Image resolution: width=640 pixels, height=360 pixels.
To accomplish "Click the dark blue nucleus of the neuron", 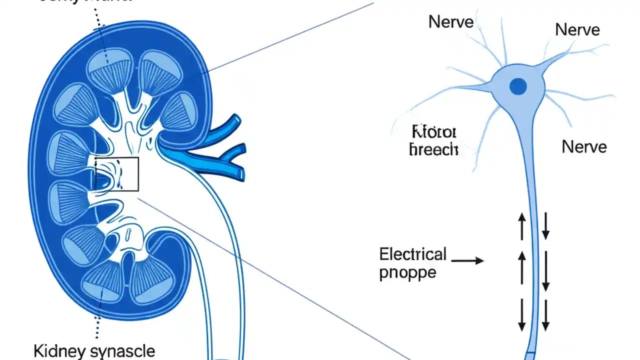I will coord(518,87).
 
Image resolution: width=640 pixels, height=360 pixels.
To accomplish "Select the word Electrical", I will coord(412,254).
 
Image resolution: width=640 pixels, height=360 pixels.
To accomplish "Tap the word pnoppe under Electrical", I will coord(407,273).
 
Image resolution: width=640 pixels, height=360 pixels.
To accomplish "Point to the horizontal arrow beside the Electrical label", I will coord(467,260).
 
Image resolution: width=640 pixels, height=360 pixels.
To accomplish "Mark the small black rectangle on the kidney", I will coord(116,173).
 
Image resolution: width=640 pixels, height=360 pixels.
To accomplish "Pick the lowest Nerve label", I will coord(584,147).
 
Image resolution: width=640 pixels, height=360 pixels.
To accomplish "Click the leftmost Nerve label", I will coord(451,21).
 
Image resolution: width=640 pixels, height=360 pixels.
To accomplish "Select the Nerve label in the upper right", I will coord(577,30).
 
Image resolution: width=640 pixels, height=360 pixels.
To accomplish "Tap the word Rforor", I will coord(433,132).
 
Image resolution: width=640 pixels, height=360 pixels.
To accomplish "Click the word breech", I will coord(433,149).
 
